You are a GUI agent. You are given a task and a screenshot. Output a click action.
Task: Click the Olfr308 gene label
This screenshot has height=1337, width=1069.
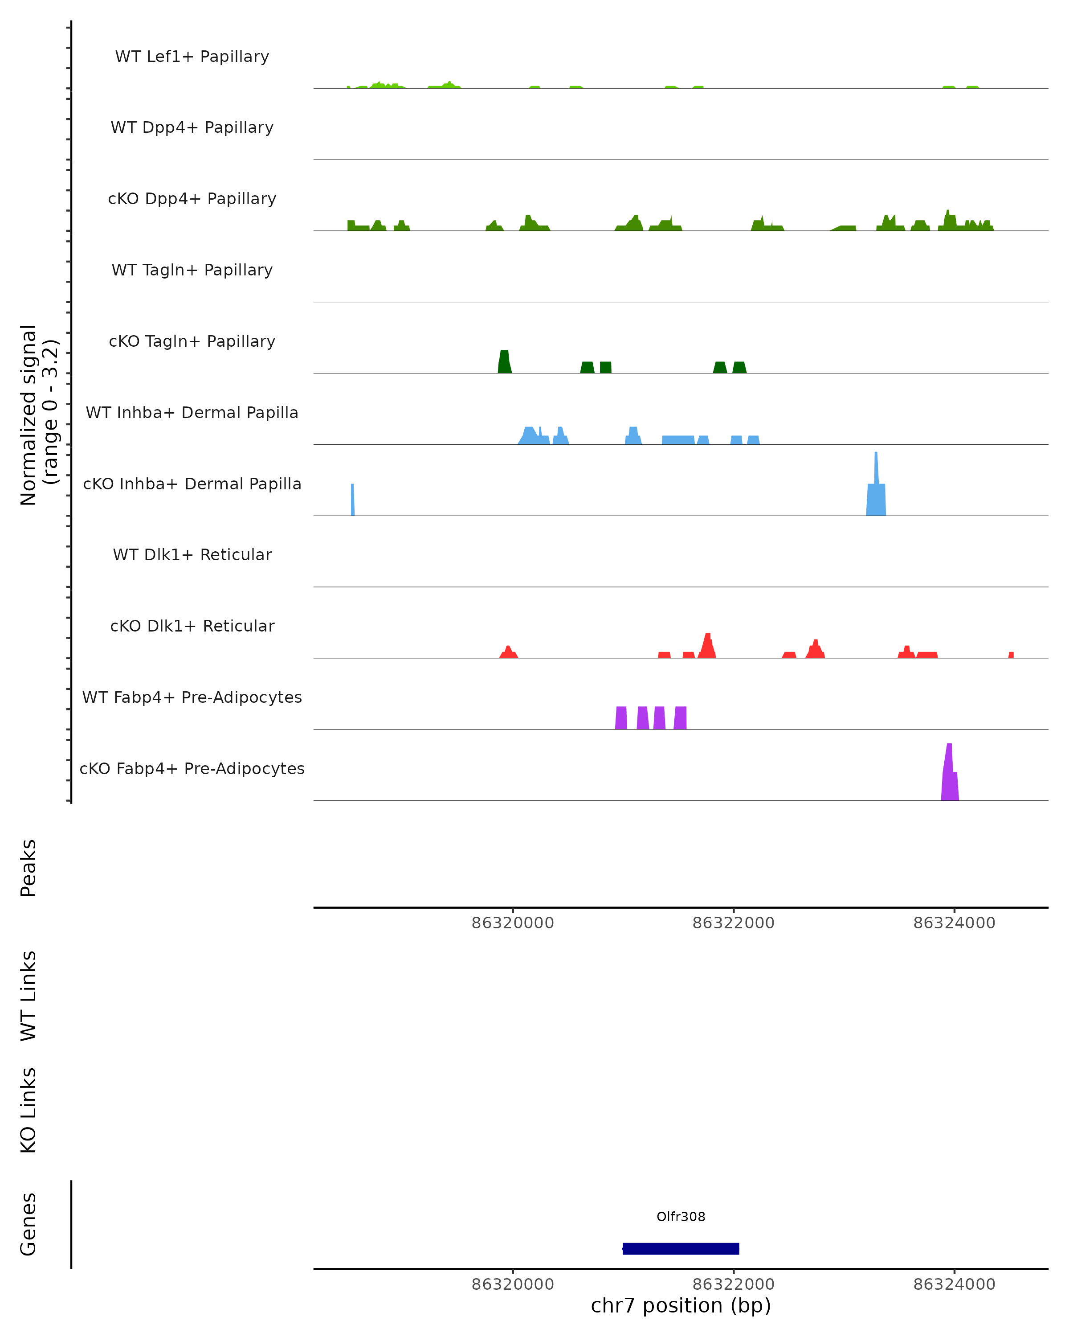pyautogui.click(x=681, y=1217)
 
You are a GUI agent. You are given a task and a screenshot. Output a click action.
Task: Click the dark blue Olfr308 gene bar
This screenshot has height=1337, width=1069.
pyautogui.click(x=681, y=1248)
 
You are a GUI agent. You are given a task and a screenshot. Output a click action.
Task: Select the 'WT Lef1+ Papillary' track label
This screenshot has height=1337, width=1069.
pyautogui.click(x=192, y=57)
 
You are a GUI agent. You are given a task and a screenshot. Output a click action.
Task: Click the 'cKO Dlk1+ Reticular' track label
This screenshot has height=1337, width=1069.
pyautogui.click(x=192, y=626)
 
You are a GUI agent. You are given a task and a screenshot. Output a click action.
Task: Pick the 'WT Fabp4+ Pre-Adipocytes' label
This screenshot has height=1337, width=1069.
pyautogui.click(x=192, y=697)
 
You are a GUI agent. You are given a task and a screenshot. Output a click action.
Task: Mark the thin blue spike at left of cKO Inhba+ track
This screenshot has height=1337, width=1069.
pyautogui.click(x=353, y=499)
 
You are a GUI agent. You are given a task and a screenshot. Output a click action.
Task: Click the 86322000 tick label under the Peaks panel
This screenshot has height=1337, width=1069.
pyautogui.click(x=733, y=923)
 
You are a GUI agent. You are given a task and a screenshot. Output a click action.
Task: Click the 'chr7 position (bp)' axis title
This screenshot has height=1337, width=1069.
pyautogui.click(x=681, y=1305)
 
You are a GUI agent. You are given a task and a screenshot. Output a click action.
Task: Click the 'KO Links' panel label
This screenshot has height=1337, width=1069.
pyautogui.click(x=29, y=1110)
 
